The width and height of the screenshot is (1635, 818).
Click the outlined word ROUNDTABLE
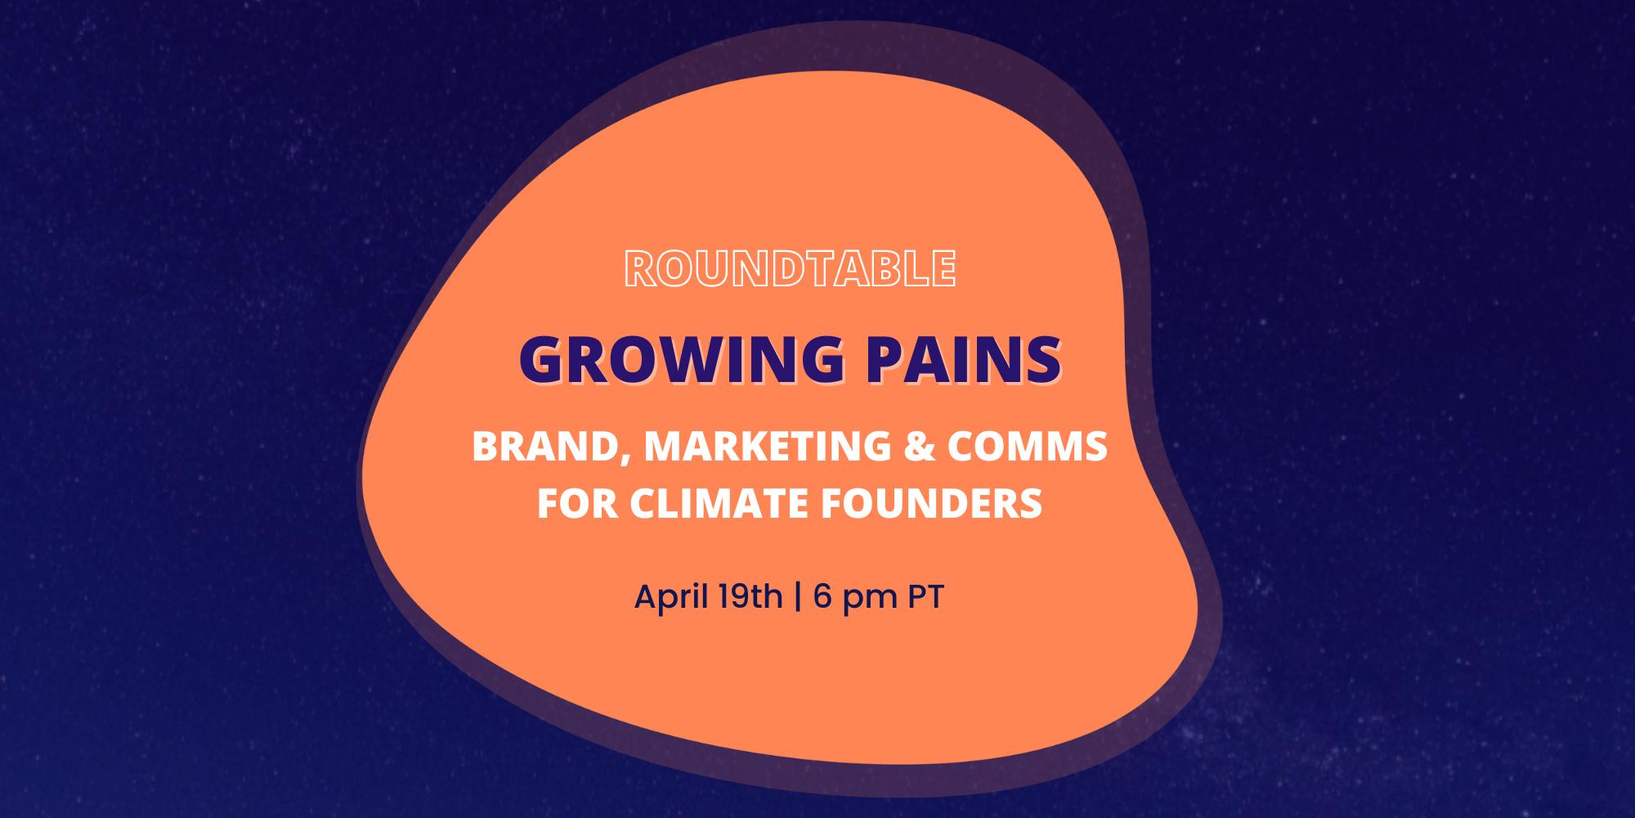click(790, 268)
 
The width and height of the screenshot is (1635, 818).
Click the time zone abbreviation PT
click(926, 597)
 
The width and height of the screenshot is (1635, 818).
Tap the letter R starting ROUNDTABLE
click(638, 268)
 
